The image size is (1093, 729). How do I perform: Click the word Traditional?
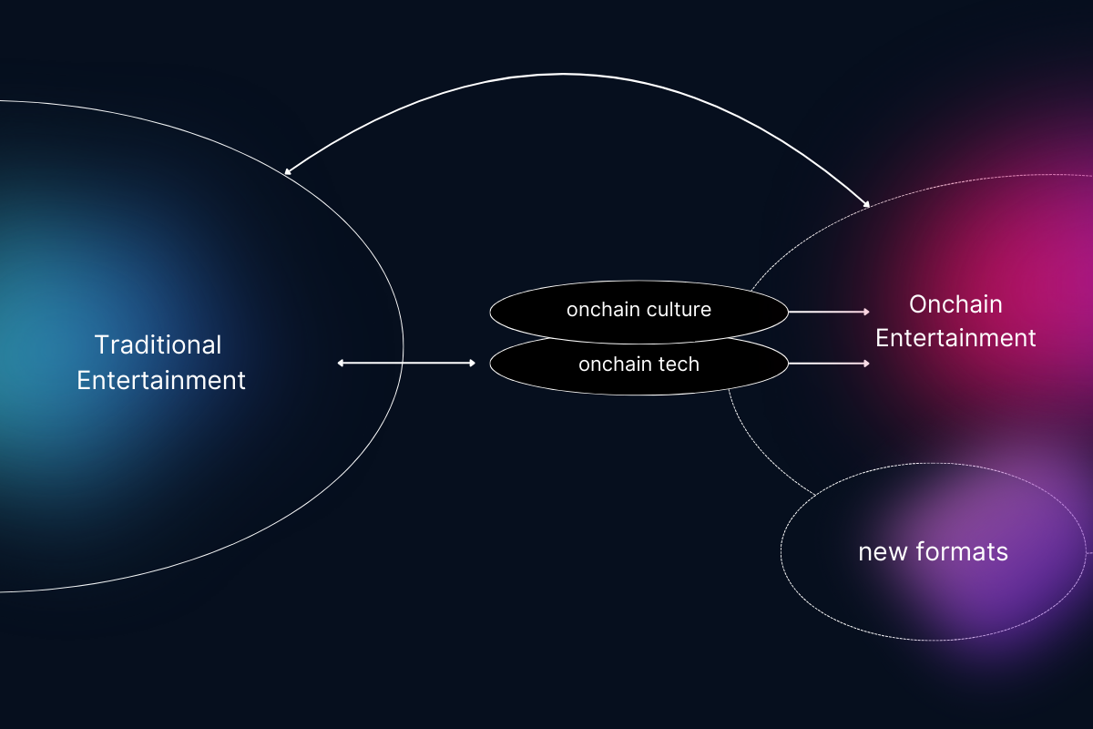[158, 345]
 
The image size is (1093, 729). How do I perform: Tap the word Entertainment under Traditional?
[161, 380]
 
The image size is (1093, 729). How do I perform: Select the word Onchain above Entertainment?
[955, 304]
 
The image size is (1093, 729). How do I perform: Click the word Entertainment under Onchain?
[955, 338]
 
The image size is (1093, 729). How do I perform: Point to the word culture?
[678, 310]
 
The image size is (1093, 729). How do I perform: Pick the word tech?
[679, 364]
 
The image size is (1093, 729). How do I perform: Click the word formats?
[967, 552]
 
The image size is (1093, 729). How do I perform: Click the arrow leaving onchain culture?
[829, 312]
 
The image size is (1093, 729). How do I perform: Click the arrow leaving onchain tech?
[829, 364]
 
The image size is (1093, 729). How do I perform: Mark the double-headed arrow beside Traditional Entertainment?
[406, 363]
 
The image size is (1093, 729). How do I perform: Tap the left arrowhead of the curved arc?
[288, 171]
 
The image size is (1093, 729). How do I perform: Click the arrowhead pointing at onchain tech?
[472, 363]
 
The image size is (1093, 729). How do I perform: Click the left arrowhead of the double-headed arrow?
[341, 363]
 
